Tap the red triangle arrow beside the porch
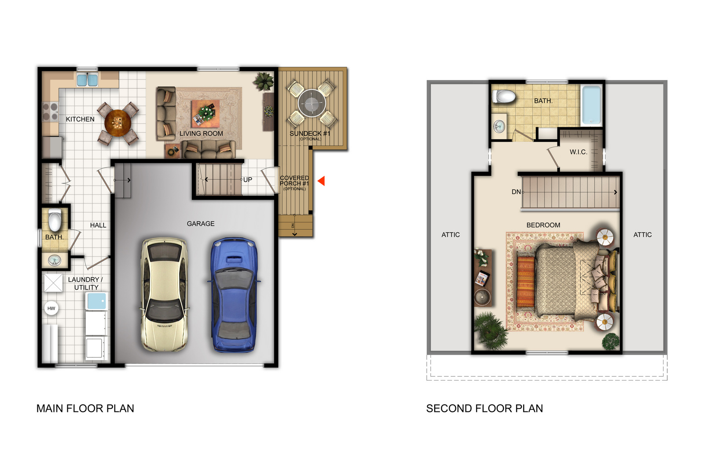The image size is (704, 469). [322, 181]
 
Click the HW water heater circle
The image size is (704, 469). [51, 308]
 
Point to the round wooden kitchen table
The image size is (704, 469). [117, 123]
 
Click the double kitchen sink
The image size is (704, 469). [87, 80]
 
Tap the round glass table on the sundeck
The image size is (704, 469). [312, 103]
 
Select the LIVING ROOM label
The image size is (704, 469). [201, 133]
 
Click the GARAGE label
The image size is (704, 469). [201, 224]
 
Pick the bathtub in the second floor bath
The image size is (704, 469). [591, 105]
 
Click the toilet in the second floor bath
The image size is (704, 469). [504, 96]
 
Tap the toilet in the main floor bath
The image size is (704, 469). [55, 220]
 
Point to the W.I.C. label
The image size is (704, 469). [578, 152]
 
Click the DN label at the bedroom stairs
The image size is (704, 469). [516, 192]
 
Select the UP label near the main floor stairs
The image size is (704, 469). [248, 180]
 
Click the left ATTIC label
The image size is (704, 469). [451, 235]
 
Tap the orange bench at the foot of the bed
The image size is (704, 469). [525, 282]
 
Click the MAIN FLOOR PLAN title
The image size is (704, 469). [85, 408]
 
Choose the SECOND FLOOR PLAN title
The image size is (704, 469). [484, 408]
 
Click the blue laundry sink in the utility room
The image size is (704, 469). [96, 302]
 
